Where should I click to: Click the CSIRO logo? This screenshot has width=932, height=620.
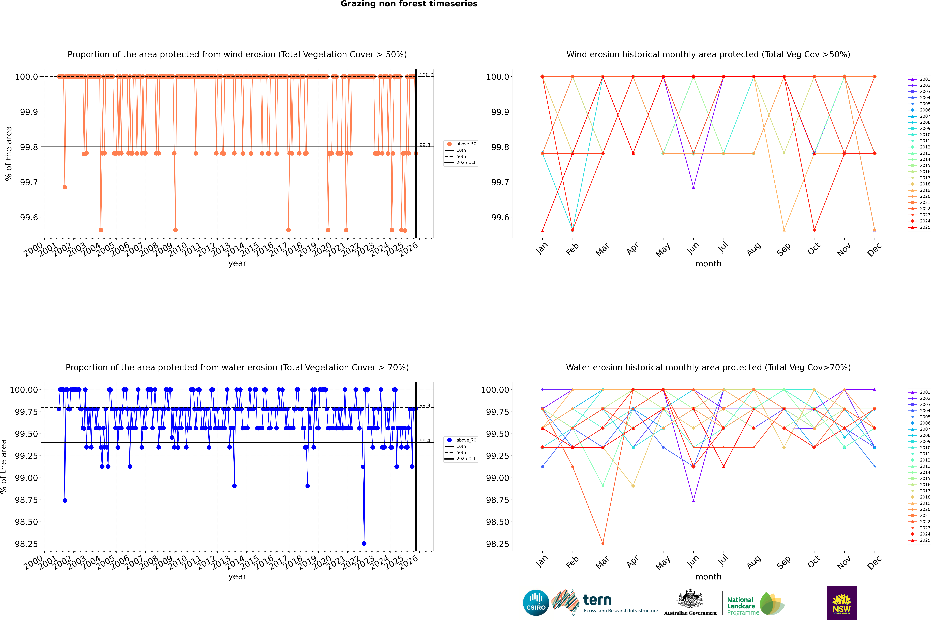coord(536,603)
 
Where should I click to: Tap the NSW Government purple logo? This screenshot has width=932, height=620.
coord(842,603)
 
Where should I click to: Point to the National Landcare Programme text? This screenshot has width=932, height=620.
coord(741,606)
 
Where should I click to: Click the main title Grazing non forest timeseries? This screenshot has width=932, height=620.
coord(409,4)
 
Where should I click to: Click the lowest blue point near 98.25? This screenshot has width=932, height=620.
coord(364,543)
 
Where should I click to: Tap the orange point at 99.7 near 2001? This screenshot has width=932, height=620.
coord(65,187)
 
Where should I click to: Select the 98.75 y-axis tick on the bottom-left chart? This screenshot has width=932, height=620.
coord(26,500)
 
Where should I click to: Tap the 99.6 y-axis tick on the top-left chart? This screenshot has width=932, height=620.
coord(29,217)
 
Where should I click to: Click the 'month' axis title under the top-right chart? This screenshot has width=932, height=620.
coord(708,264)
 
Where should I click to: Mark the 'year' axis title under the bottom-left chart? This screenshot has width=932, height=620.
coord(237,577)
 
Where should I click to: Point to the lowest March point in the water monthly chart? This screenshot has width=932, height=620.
coord(602,543)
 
